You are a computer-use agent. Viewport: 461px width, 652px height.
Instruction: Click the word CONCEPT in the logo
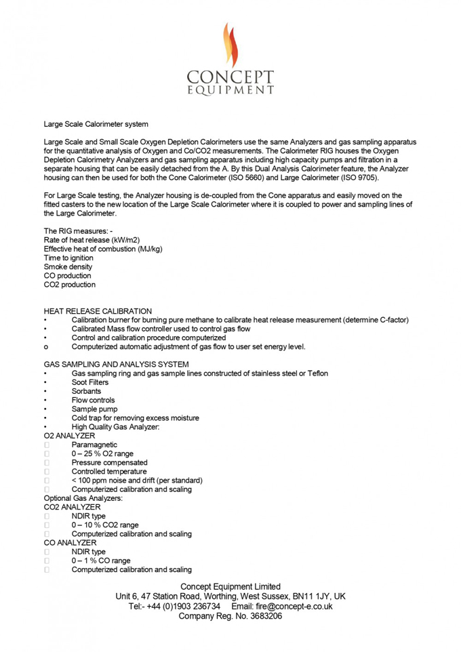click(x=230, y=76)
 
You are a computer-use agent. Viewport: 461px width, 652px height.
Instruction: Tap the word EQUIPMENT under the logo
click(x=230, y=89)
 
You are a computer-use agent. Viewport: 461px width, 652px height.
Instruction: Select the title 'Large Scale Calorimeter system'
click(x=96, y=124)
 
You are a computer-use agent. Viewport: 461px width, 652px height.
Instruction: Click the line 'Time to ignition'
click(x=68, y=258)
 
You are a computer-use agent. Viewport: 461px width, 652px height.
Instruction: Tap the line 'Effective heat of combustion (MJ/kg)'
click(x=103, y=249)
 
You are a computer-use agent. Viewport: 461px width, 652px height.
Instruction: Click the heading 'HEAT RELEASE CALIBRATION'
click(x=98, y=311)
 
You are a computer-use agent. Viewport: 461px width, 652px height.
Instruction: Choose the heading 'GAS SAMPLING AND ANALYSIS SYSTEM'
click(x=116, y=365)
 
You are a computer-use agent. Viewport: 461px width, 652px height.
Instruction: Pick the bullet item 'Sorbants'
click(x=86, y=392)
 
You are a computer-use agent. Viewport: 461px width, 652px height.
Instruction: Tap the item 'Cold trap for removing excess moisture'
click(x=135, y=418)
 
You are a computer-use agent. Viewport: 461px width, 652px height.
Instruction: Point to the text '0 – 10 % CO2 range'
click(x=105, y=525)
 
